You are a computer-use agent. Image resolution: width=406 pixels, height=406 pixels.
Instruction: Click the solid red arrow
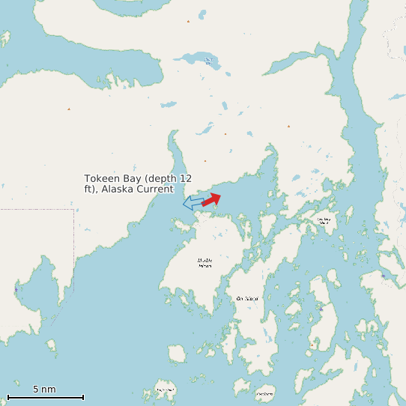pos(210,199)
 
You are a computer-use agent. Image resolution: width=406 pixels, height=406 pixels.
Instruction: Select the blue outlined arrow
pos(193,202)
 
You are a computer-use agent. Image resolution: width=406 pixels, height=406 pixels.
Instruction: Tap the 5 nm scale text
pos(44,390)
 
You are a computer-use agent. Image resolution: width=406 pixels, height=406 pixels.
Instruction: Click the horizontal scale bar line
pos(45,397)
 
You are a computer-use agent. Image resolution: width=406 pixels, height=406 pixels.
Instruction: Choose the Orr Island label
pos(247,298)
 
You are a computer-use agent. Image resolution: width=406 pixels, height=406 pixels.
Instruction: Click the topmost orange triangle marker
pos(188,21)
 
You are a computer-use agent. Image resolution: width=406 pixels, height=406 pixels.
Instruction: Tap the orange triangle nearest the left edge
pos(69,109)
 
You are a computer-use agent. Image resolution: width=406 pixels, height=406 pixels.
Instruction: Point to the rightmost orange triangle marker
pos(288,126)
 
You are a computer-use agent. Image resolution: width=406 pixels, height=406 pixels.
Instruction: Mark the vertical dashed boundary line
pos(74,247)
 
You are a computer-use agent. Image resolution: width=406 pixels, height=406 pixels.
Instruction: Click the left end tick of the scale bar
pos(7,397)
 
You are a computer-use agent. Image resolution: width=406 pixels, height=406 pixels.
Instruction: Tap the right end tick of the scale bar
pos(83,397)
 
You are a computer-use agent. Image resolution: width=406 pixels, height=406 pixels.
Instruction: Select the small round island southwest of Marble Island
pos(178,353)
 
